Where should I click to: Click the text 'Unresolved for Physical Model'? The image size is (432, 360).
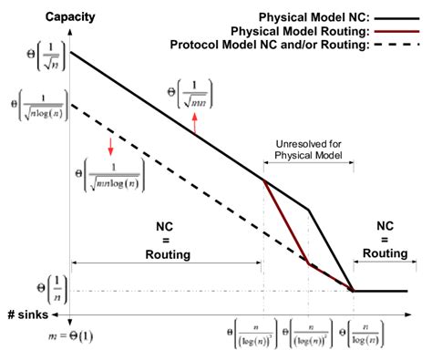308,149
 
